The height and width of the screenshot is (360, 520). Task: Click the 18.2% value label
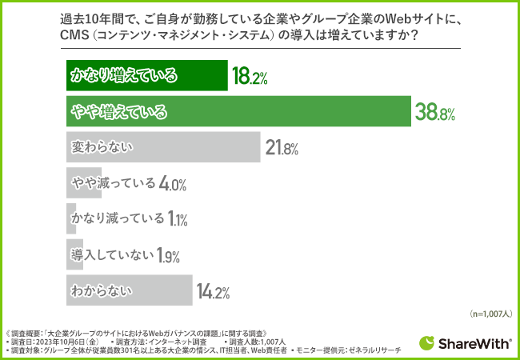click(249, 77)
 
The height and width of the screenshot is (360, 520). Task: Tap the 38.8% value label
click(434, 113)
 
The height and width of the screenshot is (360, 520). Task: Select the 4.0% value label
click(173, 184)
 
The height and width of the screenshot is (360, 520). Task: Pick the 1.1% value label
click(177, 218)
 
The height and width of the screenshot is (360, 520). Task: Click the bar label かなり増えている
click(122, 77)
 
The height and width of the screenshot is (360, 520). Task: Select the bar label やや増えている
click(119, 113)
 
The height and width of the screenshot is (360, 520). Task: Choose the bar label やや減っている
click(113, 184)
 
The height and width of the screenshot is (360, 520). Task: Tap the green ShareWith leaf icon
click(428, 342)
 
